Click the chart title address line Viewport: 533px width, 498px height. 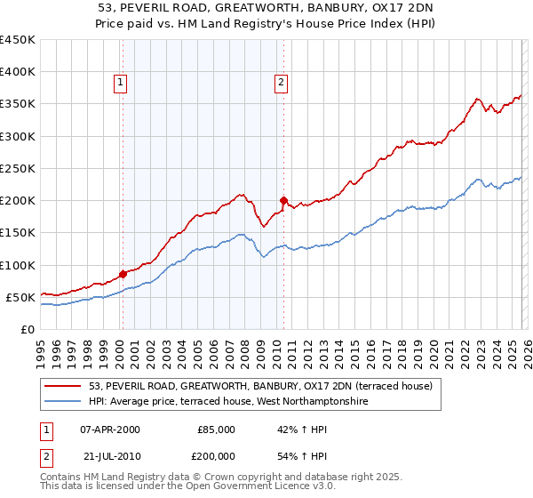tap(266, 8)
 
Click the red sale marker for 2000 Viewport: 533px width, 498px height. tap(123, 274)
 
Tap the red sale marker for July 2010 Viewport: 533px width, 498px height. tap(283, 200)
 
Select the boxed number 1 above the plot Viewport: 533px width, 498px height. tap(120, 83)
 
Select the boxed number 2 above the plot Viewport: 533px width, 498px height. tap(281, 83)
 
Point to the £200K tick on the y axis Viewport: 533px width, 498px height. tap(18, 200)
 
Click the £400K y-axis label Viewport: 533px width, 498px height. tap(18, 72)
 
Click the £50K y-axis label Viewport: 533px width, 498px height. tap(20, 297)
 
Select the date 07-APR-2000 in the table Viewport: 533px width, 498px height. tap(110, 430)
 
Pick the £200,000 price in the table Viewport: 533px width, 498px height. tap(216, 456)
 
